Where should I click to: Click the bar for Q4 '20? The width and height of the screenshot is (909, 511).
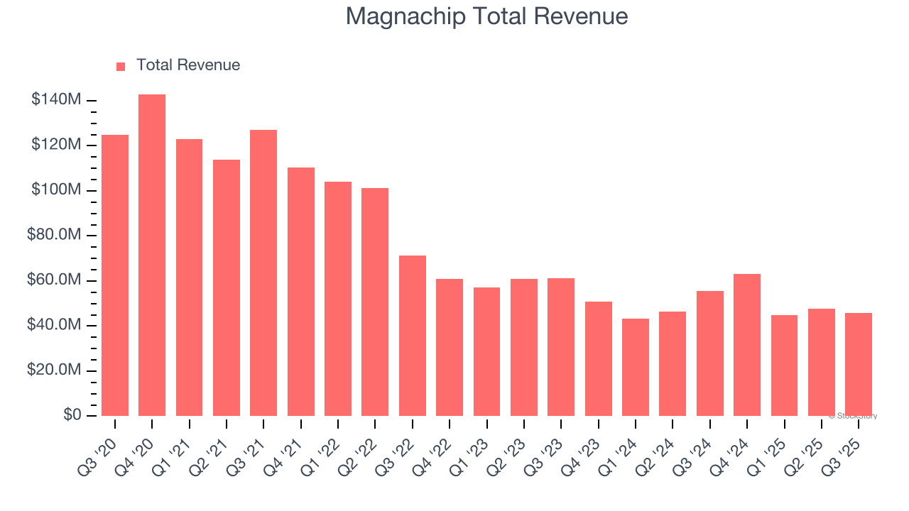pyautogui.click(x=152, y=255)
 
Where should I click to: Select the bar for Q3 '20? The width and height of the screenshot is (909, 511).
pyautogui.click(x=115, y=275)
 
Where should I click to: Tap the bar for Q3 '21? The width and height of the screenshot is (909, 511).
pyautogui.click(x=263, y=273)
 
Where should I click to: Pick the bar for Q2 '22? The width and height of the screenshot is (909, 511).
pyautogui.click(x=375, y=302)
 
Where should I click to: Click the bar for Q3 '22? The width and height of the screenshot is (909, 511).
pyautogui.click(x=412, y=336)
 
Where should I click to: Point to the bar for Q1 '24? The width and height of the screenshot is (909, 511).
pyautogui.click(x=635, y=367)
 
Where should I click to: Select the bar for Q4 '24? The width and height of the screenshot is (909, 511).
pyautogui.click(x=746, y=345)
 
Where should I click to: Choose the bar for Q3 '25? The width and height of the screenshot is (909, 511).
pyautogui.click(x=858, y=364)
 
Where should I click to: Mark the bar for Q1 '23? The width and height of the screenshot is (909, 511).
pyautogui.click(x=486, y=351)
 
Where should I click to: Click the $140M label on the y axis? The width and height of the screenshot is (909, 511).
pyautogui.click(x=55, y=100)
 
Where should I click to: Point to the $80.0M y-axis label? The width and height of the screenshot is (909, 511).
pyautogui.click(x=53, y=235)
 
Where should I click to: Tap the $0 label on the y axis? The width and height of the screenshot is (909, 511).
pyautogui.click(x=72, y=415)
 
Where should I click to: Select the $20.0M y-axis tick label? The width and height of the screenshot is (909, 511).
pyautogui.click(x=53, y=370)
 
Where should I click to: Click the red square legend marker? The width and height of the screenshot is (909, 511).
pyautogui.click(x=121, y=66)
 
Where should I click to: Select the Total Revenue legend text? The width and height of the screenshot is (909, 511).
pyautogui.click(x=188, y=65)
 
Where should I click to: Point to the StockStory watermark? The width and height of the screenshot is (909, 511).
pyautogui.click(x=853, y=416)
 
